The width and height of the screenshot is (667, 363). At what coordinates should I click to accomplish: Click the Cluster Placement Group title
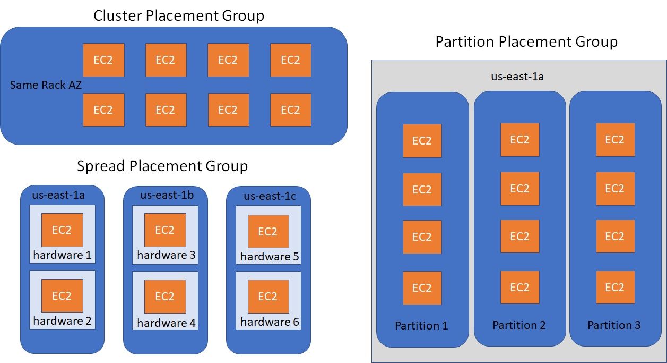click(x=179, y=16)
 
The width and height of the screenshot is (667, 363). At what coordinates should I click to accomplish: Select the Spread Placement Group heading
click(x=162, y=166)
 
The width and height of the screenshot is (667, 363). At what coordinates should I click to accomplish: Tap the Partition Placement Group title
click(x=526, y=42)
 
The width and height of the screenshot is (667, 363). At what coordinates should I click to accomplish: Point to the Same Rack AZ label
click(x=46, y=85)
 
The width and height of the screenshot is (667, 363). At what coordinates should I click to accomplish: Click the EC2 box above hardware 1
click(x=62, y=230)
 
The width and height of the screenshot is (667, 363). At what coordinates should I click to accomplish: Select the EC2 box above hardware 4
click(x=165, y=296)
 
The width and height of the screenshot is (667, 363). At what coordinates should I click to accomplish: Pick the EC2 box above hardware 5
click(x=268, y=232)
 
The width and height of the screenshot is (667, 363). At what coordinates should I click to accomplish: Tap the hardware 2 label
click(x=62, y=321)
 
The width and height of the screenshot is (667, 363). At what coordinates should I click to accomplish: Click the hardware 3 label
click(x=166, y=255)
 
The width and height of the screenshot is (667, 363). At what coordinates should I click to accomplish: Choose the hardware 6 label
click(x=270, y=322)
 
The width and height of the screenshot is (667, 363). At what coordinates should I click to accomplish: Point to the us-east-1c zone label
click(x=270, y=196)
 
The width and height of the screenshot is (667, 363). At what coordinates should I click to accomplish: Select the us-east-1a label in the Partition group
click(x=517, y=76)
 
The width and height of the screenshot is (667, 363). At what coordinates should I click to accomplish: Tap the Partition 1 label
click(x=421, y=326)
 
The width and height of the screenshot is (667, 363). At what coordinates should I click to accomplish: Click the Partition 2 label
click(x=519, y=325)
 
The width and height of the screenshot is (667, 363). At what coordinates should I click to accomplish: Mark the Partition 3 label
click(x=614, y=325)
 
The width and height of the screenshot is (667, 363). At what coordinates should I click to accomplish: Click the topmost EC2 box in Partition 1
click(x=422, y=141)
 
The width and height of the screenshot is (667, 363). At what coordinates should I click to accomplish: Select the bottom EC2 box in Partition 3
click(x=615, y=288)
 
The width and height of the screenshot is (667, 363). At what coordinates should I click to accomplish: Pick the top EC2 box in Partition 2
click(x=520, y=140)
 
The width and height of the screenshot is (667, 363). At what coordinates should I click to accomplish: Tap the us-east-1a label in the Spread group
click(x=62, y=195)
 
